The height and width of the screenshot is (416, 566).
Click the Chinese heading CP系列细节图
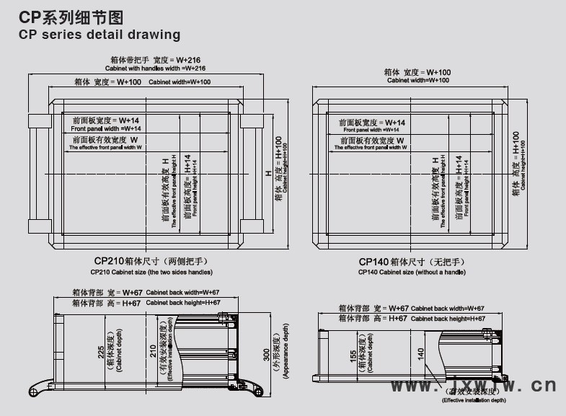[66, 15]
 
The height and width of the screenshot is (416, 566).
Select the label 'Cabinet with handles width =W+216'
[156, 68]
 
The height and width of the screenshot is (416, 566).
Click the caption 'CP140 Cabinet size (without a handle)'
[412, 273]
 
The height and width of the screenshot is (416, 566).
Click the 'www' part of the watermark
[415, 386]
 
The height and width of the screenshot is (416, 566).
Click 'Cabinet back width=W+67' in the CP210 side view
[183, 293]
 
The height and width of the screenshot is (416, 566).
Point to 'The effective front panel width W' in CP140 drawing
[371, 147]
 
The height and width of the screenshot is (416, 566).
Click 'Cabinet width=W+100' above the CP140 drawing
[417, 81]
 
